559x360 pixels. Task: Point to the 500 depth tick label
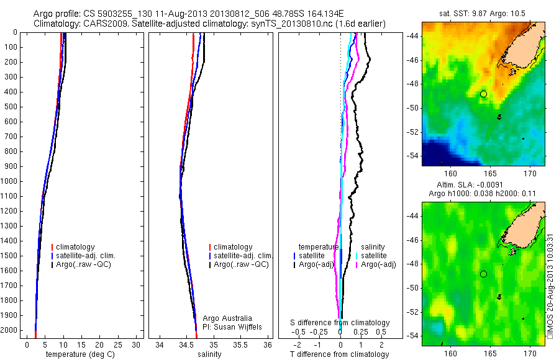pyautogui.click(x=11, y=107)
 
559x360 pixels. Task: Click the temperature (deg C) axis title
pyautogui.click(x=78, y=354)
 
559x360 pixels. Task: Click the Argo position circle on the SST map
pyautogui.click(x=483, y=94)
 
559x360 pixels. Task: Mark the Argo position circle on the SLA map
pyautogui.click(x=483, y=274)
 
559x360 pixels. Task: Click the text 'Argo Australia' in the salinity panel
pyautogui.click(x=228, y=318)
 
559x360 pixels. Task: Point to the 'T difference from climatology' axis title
pyautogui.click(x=340, y=354)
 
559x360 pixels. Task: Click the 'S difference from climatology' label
pyautogui.click(x=340, y=323)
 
